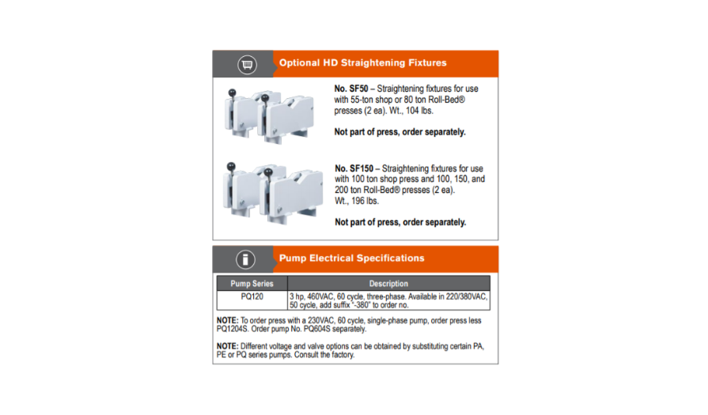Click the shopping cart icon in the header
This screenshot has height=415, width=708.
247,65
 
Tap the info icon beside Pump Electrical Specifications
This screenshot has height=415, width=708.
246,259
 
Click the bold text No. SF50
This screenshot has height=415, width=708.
351,89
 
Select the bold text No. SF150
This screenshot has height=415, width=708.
354,168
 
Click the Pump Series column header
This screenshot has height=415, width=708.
252,284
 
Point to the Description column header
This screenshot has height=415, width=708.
388,284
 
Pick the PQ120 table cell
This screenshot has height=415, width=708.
252,296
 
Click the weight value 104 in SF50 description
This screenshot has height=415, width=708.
412,111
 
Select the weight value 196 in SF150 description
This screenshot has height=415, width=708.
358,201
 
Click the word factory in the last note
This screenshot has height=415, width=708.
343,355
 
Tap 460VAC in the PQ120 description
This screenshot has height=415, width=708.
320,296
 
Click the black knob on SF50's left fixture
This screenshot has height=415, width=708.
232,93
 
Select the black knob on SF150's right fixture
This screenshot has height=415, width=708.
268,172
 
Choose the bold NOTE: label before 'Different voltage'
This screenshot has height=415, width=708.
227,346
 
